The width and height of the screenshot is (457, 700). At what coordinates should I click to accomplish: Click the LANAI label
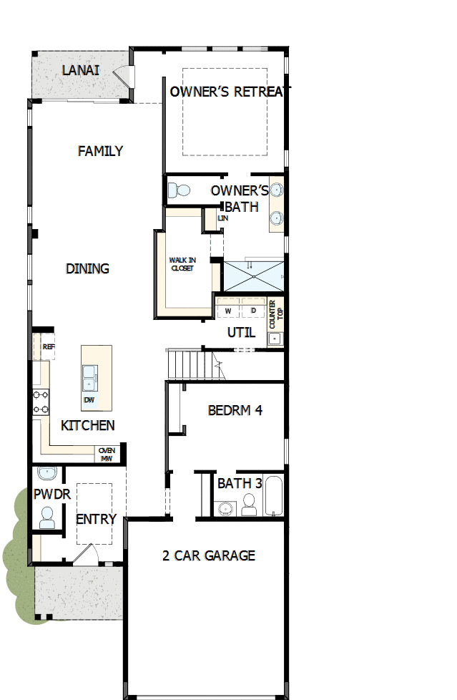coord(80,70)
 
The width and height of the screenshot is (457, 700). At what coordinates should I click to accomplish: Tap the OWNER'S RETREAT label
coord(230,92)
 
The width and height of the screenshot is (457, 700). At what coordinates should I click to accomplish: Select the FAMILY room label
coord(100,151)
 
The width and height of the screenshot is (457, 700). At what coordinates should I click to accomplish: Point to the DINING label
coord(87,269)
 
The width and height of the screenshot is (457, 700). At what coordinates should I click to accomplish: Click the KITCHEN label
coord(87,426)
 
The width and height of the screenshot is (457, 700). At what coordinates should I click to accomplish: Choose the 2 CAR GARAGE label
coord(208,555)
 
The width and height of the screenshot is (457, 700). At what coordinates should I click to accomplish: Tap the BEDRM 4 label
coord(235,411)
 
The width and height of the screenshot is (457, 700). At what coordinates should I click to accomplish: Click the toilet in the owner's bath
coord(180,191)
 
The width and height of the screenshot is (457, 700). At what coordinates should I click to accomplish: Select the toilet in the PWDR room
coord(47,517)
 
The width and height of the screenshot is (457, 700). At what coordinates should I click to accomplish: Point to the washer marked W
coord(228,311)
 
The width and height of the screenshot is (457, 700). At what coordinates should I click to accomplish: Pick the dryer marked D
coord(253,311)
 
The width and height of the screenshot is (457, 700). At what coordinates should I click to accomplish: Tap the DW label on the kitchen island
coord(89,399)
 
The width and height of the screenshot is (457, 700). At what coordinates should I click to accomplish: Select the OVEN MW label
coord(107,454)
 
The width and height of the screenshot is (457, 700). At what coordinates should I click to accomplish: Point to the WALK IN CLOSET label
coord(182,264)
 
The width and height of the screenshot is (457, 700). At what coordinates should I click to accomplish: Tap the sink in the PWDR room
coord(47,474)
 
